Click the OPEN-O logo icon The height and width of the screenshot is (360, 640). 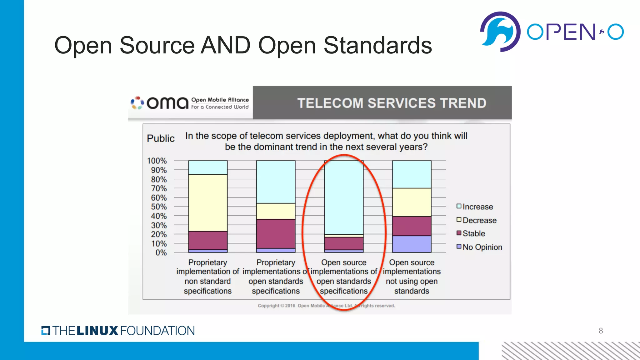(x=500, y=32)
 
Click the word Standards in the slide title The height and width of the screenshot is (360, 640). (x=377, y=45)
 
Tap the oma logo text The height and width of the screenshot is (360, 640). (x=167, y=103)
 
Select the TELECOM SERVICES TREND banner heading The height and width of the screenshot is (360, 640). (x=392, y=103)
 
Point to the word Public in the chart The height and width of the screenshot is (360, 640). (x=161, y=138)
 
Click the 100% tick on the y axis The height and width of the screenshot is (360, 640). (x=157, y=161)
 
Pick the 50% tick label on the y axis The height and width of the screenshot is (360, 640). (x=159, y=207)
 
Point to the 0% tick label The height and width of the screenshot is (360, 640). (x=161, y=252)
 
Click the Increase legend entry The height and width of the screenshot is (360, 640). (x=477, y=207)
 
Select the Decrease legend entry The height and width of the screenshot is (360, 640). (x=479, y=220)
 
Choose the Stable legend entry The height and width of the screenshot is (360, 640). (x=474, y=233)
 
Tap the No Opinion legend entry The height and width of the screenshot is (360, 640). (x=482, y=247)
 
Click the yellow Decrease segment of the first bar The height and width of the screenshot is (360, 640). (x=208, y=202)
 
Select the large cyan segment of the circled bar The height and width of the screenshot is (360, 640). (x=344, y=197)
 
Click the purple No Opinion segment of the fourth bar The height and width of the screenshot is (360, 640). (x=412, y=244)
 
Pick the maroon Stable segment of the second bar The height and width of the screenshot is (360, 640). (x=276, y=233)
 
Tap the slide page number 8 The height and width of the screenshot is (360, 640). (x=601, y=331)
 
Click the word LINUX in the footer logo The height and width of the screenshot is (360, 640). (x=97, y=331)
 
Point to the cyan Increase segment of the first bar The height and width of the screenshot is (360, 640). (x=208, y=167)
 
